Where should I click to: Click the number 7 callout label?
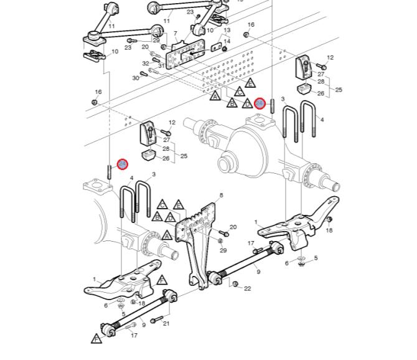[x=176, y=33]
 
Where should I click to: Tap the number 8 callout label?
[x=220, y=195]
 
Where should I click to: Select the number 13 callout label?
[x=227, y=30]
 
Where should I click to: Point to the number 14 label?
[x=227, y=42]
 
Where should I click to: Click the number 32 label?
[x=146, y=64]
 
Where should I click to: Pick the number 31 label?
[x=161, y=65]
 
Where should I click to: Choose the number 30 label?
[x=136, y=78]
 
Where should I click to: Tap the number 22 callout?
[x=247, y=288]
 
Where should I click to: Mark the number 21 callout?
[x=166, y=323]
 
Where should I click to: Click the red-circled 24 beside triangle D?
[x=261, y=103]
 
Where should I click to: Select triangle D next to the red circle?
[x=247, y=104]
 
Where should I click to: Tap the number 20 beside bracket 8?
[x=233, y=227]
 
